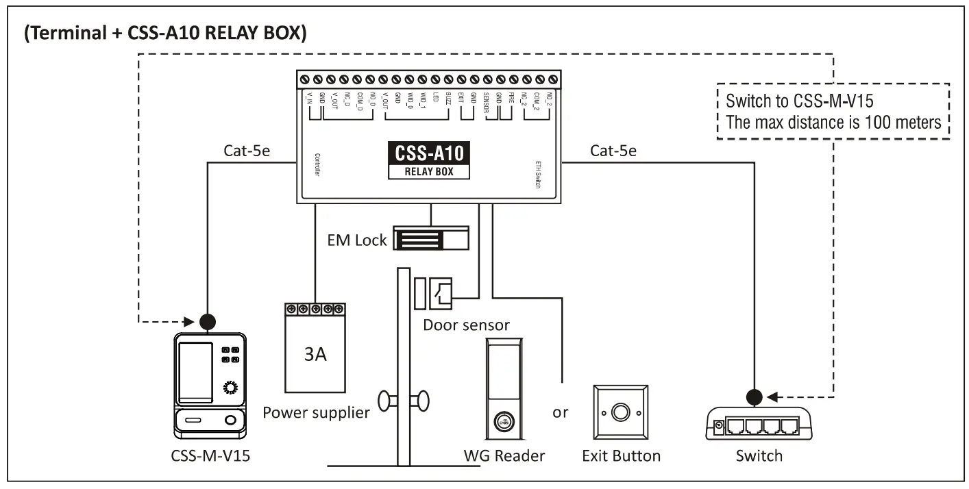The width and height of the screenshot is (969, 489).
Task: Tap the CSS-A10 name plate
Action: click(x=430, y=152)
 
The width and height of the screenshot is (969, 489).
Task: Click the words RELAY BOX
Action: click(x=430, y=171)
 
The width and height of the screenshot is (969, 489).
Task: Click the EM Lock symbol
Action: click(x=430, y=240)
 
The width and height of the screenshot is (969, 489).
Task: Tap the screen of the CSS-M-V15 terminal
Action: click(x=195, y=372)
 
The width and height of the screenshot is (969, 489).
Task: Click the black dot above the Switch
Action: click(x=755, y=397)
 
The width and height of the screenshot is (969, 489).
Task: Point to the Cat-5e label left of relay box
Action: click(x=247, y=151)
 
